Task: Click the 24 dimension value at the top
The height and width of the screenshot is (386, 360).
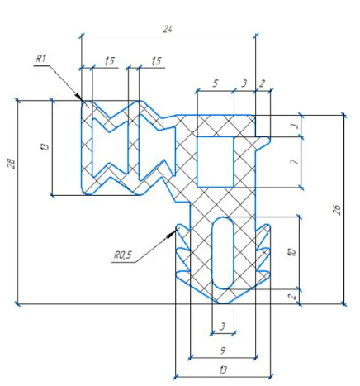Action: (x=168, y=29)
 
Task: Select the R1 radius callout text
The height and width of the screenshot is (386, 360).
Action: (x=41, y=59)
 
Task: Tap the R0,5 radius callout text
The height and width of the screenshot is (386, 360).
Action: (x=123, y=255)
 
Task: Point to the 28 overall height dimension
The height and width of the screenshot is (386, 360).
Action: (x=12, y=163)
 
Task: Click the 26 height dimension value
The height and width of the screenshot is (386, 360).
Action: (x=337, y=210)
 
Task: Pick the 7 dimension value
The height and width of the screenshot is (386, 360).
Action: (x=295, y=160)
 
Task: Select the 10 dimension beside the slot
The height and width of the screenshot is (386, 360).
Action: (x=292, y=251)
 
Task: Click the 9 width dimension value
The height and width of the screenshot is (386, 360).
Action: (x=223, y=350)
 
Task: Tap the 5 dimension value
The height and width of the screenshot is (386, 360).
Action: (x=216, y=83)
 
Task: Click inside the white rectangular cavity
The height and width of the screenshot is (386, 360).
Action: (x=216, y=162)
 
